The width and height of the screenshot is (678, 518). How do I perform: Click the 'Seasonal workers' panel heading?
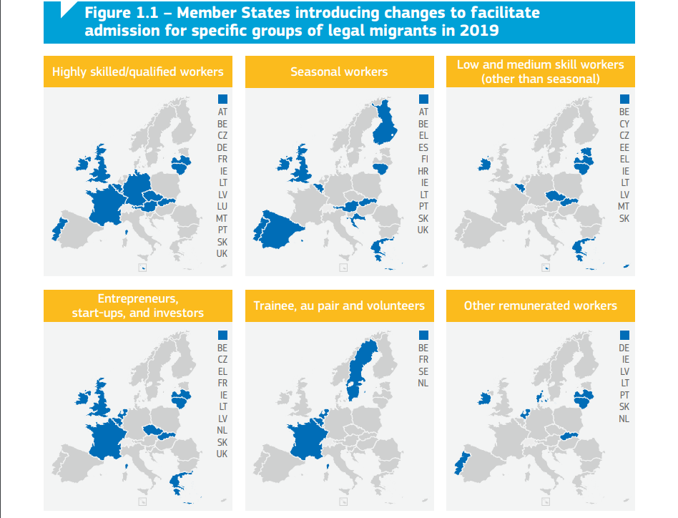339,72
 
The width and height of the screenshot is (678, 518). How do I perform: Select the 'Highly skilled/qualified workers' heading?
138,72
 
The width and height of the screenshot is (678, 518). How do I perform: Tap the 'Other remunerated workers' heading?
540,306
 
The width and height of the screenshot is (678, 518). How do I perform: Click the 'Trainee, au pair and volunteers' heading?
339,306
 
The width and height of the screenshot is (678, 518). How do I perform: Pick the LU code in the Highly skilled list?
222,206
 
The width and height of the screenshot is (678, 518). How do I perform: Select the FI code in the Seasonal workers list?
424,160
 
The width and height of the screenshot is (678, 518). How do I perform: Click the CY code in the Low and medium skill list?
624,124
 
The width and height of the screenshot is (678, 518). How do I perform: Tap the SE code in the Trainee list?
423,371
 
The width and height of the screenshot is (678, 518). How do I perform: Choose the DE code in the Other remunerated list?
624,348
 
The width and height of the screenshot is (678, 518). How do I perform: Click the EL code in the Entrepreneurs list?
222,371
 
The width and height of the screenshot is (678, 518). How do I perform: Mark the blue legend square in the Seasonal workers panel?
423,99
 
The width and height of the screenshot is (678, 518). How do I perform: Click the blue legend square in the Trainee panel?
423,334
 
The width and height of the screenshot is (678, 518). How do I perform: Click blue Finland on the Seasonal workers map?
387,125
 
